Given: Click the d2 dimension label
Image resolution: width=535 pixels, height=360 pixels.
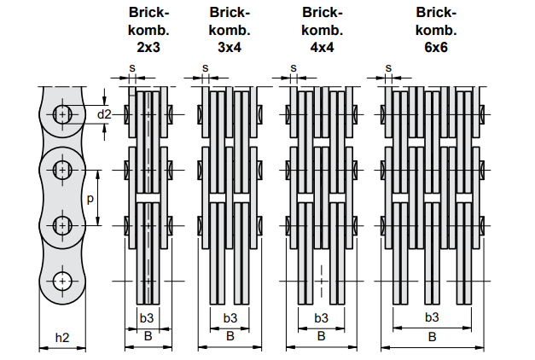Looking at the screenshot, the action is pyautogui.click(x=104, y=114).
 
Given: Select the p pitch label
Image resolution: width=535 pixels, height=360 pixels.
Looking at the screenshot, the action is pyautogui.click(x=90, y=199).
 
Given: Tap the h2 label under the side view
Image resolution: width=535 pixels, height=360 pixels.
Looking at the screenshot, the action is pyautogui.click(x=62, y=338).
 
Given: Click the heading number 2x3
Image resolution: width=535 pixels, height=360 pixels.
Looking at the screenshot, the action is pyautogui.click(x=148, y=47).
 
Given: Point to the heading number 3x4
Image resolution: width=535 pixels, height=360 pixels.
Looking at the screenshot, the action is pyautogui.click(x=230, y=47).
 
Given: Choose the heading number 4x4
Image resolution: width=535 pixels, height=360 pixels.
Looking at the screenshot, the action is pyautogui.click(x=322, y=47).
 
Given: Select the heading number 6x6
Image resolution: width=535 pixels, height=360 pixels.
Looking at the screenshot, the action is pyautogui.click(x=436, y=47).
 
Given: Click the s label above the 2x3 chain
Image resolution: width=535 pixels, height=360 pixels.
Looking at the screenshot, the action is pyautogui.click(x=132, y=68).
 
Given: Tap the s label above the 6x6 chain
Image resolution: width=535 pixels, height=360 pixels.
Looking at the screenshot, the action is pyautogui.click(x=388, y=68).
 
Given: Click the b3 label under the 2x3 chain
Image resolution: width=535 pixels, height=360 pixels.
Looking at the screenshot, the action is pyautogui.click(x=147, y=318).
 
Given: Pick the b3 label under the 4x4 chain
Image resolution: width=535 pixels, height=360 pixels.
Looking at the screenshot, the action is pyautogui.click(x=321, y=318).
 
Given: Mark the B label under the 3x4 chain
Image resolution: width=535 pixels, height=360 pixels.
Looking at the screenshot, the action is pyautogui.click(x=230, y=336).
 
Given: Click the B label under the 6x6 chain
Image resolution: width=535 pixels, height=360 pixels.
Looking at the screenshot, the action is pyautogui.click(x=432, y=337).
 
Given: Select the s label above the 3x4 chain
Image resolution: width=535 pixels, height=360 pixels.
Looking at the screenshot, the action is pyautogui.click(x=205, y=68).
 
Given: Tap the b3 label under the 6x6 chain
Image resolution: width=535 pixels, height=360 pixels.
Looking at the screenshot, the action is pyautogui.click(x=432, y=317).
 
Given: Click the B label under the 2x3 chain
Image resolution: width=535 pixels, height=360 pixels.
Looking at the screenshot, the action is pyautogui.click(x=148, y=336).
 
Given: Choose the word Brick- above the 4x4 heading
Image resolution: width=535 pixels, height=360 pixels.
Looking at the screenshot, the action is pyautogui.click(x=322, y=13).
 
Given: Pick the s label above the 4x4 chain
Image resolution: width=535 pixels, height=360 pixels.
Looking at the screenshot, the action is pyautogui.click(x=294, y=68).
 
